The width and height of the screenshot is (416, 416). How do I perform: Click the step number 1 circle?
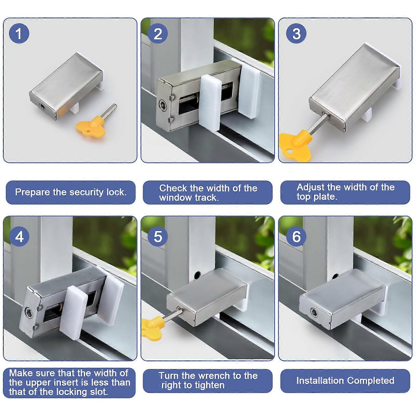(x=19, y=34)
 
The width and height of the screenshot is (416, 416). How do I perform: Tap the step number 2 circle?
(x=158, y=34)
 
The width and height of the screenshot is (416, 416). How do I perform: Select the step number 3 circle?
(x=296, y=34)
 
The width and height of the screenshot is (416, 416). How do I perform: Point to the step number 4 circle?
(x=19, y=237)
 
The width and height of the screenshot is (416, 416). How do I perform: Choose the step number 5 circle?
(x=158, y=237)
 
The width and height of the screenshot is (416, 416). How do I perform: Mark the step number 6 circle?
(x=296, y=237)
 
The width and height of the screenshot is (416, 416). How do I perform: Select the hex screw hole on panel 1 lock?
(x=42, y=106)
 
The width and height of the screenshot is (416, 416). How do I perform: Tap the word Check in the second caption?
(x=173, y=188)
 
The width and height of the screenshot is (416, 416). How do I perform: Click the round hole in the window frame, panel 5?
(x=198, y=274)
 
